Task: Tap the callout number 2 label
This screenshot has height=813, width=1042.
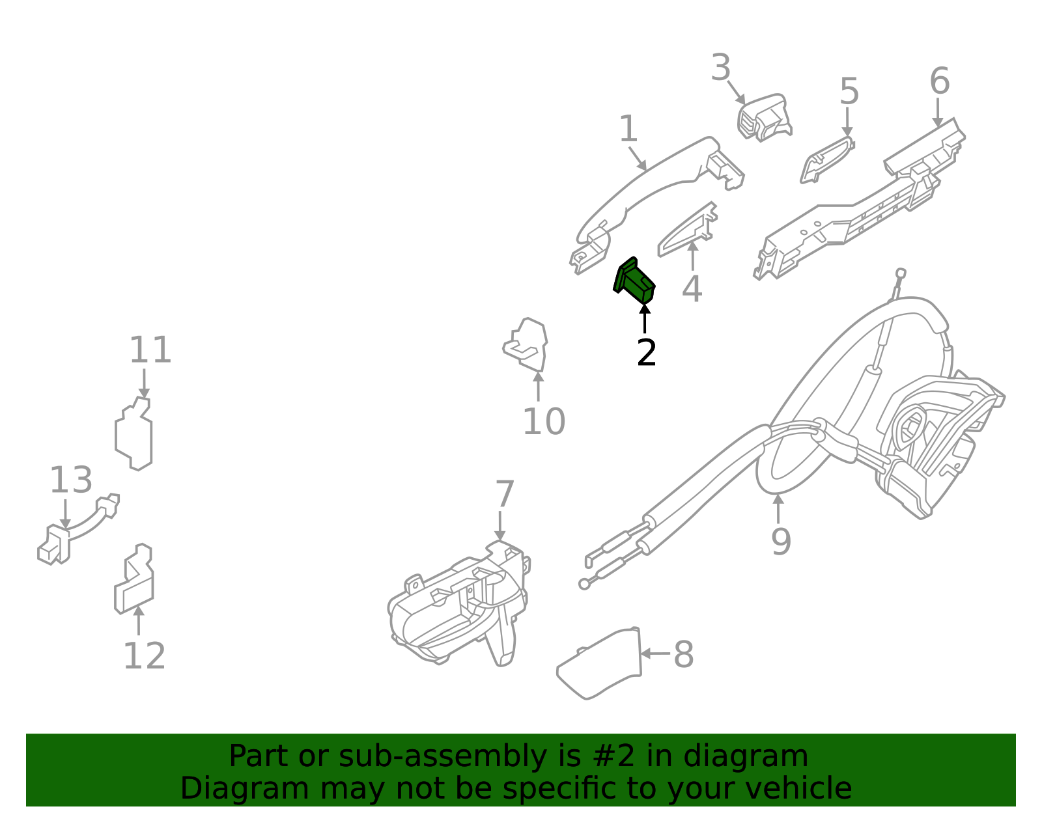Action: coord(646,353)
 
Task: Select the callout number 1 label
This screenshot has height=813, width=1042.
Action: coord(628,130)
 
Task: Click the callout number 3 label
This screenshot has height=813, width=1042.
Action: coord(721,68)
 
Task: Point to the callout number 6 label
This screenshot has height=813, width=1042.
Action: coord(939,82)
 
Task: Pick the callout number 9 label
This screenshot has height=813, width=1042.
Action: coord(781,542)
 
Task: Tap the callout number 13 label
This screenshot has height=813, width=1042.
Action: coord(71,480)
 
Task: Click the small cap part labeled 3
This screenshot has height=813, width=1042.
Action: coord(763,118)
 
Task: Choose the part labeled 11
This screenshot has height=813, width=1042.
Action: coord(134,434)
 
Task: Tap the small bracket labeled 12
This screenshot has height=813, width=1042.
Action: coord(135,581)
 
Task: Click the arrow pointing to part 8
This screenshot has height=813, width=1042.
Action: coord(655,653)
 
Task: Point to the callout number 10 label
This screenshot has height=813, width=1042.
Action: coord(544,422)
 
